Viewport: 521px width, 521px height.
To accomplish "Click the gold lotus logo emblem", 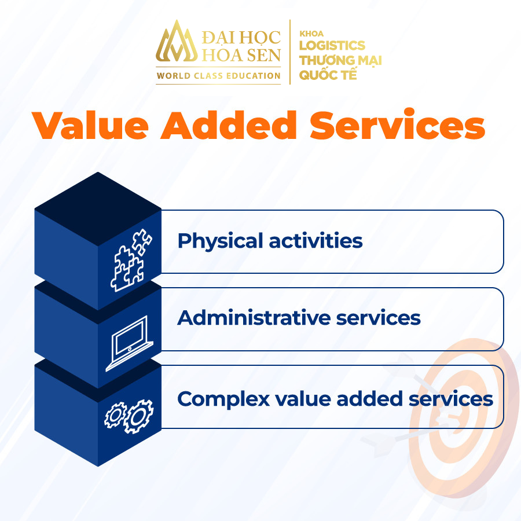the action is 177,42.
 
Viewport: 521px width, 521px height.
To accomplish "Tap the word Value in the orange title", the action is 90,125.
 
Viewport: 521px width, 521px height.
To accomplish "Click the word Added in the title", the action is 229,125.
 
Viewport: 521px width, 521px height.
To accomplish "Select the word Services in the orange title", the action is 397,124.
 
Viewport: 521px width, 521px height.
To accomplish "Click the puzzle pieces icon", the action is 131,260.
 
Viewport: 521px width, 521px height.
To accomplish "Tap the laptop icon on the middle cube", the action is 130,343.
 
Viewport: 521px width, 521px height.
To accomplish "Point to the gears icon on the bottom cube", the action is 129,416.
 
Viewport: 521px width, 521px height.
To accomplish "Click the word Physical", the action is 221,241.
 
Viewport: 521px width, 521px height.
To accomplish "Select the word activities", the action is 315,241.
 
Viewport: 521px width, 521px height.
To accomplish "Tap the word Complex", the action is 223,399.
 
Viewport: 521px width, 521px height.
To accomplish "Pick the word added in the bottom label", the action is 369,398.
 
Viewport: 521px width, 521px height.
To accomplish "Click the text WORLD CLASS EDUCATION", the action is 219,76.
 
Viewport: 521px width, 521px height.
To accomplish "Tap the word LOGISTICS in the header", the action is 332,46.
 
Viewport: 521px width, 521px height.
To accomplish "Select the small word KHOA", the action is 311,34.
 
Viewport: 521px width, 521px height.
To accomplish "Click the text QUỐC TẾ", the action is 328,74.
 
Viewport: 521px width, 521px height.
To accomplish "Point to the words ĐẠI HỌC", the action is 241,38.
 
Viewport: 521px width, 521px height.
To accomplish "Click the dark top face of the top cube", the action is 98,208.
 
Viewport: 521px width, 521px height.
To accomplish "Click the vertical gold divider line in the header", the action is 290,52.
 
